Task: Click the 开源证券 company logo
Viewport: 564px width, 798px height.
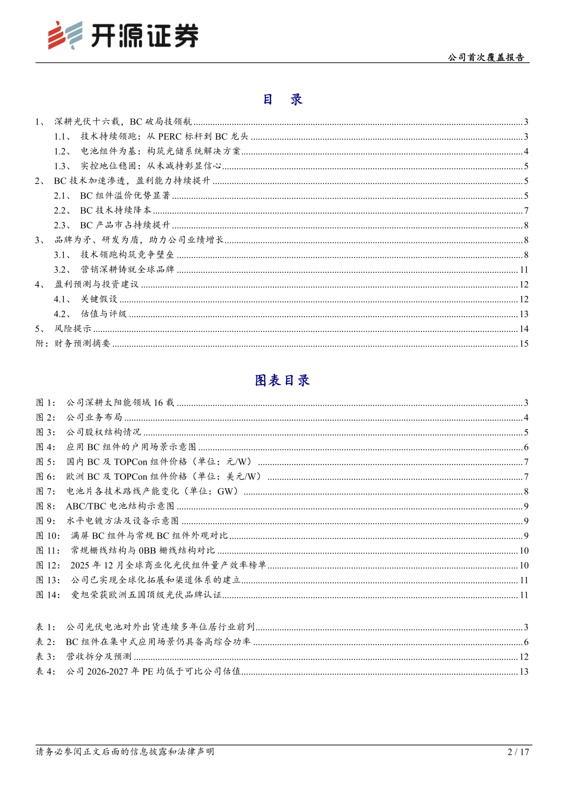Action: pos(123,36)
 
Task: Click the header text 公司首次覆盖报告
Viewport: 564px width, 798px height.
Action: pos(486,57)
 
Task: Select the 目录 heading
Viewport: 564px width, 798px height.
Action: pos(283,99)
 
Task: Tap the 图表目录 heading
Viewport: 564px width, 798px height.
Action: pos(283,380)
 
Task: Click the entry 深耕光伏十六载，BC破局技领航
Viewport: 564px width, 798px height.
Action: pos(123,122)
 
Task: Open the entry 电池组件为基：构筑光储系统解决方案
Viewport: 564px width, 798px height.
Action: pos(160,151)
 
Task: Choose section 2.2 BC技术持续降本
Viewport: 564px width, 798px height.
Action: pos(115,210)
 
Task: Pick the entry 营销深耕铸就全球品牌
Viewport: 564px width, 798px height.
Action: pos(127,270)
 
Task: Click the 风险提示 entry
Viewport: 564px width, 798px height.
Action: pos(73,329)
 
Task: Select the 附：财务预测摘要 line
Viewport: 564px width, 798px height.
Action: pos(73,343)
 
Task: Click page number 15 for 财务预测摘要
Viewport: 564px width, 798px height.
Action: pos(524,343)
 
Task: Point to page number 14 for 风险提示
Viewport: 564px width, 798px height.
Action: pos(524,329)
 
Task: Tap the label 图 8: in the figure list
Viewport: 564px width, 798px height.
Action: pos(45,506)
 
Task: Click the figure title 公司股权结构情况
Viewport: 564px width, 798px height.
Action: pos(103,432)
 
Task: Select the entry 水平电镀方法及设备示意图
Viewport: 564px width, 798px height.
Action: pos(122,521)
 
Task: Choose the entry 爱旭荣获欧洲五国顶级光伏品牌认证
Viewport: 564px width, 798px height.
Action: pos(146,595)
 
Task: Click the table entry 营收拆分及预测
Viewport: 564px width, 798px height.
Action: pos(99,656)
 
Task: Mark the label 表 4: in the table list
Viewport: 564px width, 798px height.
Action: pos(45,672)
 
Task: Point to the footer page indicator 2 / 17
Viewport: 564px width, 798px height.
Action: pos(518,751)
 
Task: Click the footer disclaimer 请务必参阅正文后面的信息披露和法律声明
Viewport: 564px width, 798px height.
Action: pos(125,751)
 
